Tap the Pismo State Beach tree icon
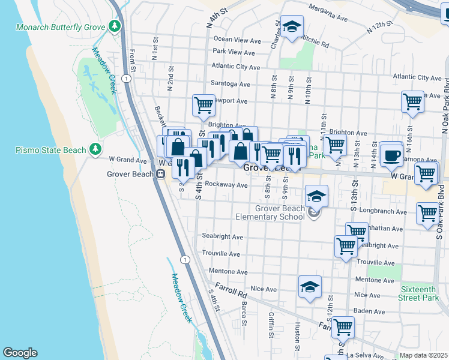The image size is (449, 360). pyautogui.click(x=95, y=149)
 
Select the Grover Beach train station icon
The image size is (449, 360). pyautogui.click(x=160, y=174)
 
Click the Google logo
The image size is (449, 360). pyautogui.click(x=20, y=353)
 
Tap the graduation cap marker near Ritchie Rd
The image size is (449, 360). pyautogui.click(x=292, y=27)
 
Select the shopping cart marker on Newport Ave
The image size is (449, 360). pyautogui.click(x=204, y=105)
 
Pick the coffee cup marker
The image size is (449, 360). pyautogui.click(x=391, y=154)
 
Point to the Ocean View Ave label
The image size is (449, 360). pyautogui.click(x=237, y=40)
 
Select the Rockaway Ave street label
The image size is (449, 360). pyautogui.click(x=226, y=185)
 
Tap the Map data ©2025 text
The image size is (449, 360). pyautogui.click(x=423, y=355)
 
